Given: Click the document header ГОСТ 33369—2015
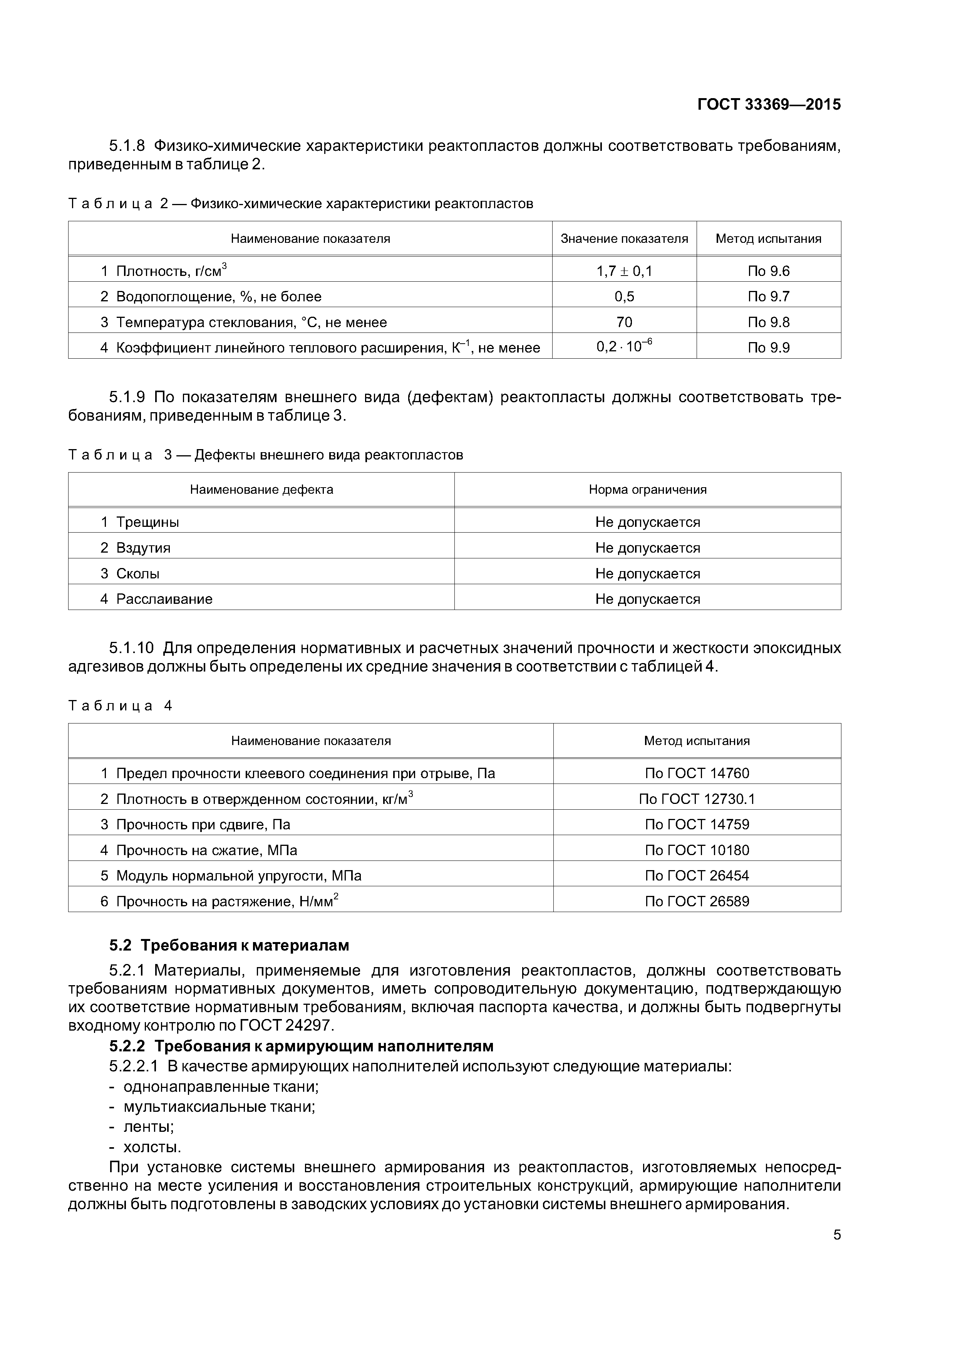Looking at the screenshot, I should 769,105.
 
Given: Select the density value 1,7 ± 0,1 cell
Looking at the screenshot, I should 624,271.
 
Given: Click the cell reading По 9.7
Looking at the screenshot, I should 769,296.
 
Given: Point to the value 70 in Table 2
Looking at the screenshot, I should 624,322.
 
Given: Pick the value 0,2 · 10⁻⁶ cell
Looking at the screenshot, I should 624,347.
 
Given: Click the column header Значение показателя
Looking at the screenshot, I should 624,239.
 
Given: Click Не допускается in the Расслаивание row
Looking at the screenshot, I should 647,599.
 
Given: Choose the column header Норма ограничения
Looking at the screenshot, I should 647,490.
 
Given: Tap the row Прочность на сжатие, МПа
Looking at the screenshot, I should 206,850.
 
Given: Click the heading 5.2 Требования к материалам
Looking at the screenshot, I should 229,946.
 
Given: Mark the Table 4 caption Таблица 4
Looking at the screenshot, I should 120,706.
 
